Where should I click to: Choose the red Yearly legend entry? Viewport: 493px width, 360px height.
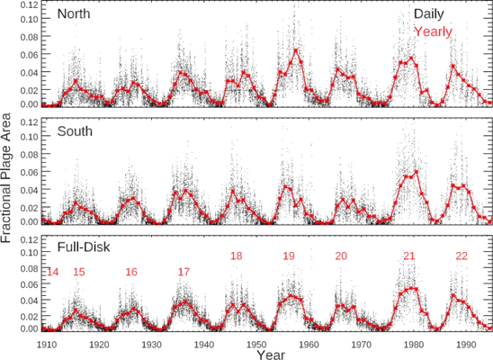click(433, 31)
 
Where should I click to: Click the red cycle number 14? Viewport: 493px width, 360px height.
click(52, 272)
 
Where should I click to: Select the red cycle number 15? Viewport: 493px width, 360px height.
click(78, 272)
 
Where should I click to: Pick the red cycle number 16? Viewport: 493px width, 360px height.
click(131, 272)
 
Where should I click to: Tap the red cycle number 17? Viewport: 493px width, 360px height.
click(184, 272)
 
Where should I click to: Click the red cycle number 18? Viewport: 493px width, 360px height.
click(236, 256)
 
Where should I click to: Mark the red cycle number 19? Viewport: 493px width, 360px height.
click(288, 256)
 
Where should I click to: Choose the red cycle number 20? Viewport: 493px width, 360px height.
click(341, 256)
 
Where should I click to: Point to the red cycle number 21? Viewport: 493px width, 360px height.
click(409, 256)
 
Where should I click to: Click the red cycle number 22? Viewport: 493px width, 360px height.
click(462, 256)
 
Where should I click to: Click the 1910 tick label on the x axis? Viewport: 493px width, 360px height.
click(47, 343)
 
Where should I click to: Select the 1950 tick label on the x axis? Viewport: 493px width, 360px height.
click(257, 343)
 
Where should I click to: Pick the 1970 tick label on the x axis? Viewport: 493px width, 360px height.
click(362, 343)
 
